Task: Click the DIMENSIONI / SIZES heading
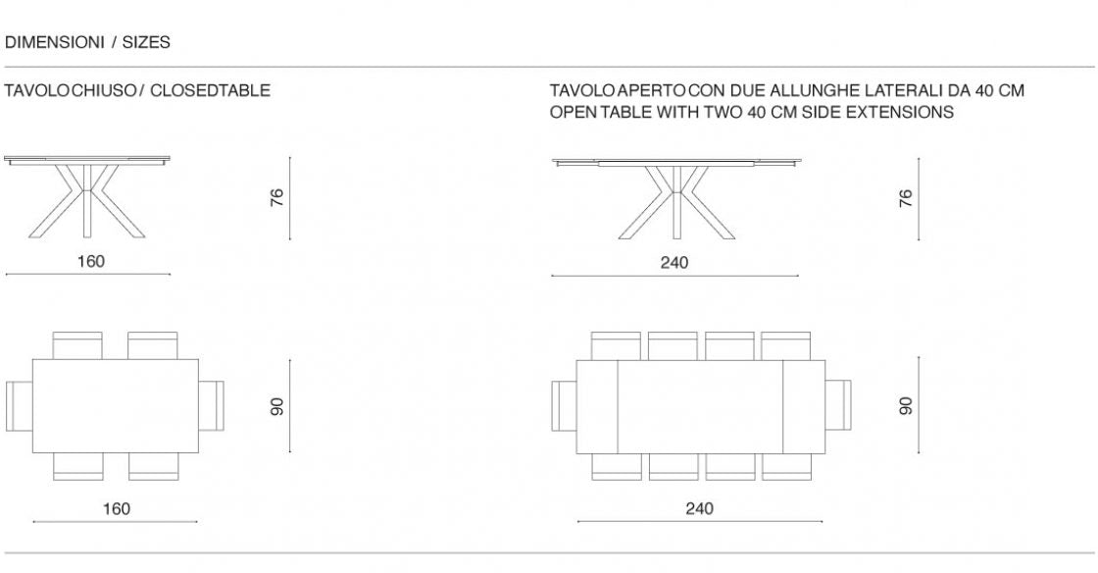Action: pyautogui.click(x=87, y=42)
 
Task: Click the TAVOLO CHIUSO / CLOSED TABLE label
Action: pyautogui.click(x=137, y=90)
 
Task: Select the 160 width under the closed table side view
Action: pyautogui.click(x=90, y=261)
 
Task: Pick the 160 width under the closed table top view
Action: pyautogui.click(x=116, y=508)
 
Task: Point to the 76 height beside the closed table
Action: pyautogui.click(x=277, y=197)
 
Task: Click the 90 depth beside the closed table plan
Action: pyautogui.click(x=277, y=406)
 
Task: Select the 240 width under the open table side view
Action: pyautogui.click(x=674, y=262)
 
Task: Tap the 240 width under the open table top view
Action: pyautogui.click(x=699, y=508)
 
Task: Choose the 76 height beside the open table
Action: pyautogui.click(x=906, y=197)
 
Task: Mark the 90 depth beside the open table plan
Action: pyautogui.click(x=906, y=404)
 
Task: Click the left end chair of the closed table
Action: pyautogui.click(x=19, y=405)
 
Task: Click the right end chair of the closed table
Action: pyautogui.click(x=212, y=405)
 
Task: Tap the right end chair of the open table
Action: pyautogui.click(x=837, y=405)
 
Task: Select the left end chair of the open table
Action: pyautogui.click(x=564, y=405)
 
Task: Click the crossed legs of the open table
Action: pyautogui.click(x=675, y=201)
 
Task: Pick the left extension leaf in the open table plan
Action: pyautogui.click(x=596, y=406)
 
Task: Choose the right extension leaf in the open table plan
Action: pyautogui.click(x=803, y=406)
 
